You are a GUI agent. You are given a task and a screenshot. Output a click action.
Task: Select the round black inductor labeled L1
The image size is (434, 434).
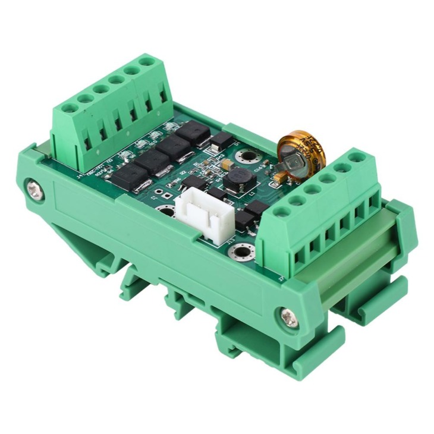[x=238, y=177]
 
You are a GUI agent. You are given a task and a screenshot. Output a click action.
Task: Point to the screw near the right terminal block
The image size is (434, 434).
[x=289, y=316]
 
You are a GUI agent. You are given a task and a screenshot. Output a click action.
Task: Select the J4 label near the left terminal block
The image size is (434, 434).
[x=81, y=175]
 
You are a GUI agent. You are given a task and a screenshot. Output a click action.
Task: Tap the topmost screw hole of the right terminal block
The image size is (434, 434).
[x=356, y=157]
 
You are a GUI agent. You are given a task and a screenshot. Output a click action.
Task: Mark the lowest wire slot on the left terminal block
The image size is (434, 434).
[x=87, y=144]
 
